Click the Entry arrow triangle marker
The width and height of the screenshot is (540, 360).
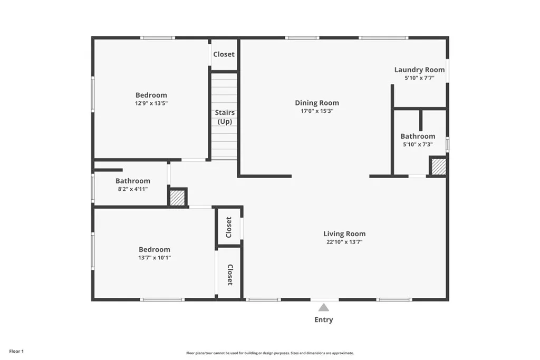coord(324,307)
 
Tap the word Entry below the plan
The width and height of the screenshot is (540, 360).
coord(324,320)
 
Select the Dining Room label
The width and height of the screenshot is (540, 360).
coord(317,103)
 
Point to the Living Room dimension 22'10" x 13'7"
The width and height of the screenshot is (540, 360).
coord(344,242)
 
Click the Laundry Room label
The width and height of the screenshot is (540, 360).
coord(420,70)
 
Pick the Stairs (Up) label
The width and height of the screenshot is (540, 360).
coord(225,117)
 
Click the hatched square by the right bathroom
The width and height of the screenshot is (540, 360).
coord(439,167)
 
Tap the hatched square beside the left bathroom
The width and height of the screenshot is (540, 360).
coord(177,198)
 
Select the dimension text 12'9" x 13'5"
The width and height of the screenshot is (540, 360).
coord(151,103)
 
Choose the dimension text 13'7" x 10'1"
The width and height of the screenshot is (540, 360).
coord(155,258)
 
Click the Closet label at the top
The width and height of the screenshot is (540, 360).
coord(224,54)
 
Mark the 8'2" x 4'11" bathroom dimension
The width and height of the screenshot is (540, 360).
coord(133,189)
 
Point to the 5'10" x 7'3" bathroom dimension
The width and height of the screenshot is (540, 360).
coord(418,144)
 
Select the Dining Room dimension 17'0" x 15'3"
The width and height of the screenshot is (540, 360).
coord(317,111)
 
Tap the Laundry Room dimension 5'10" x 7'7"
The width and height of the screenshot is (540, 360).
coord(420,78)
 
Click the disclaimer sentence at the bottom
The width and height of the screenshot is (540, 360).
coord(269,353)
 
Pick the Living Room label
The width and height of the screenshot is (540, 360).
coord(344,233)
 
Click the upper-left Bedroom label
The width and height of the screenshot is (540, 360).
coord(151,95)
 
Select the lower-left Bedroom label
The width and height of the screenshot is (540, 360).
coord(155,249)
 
